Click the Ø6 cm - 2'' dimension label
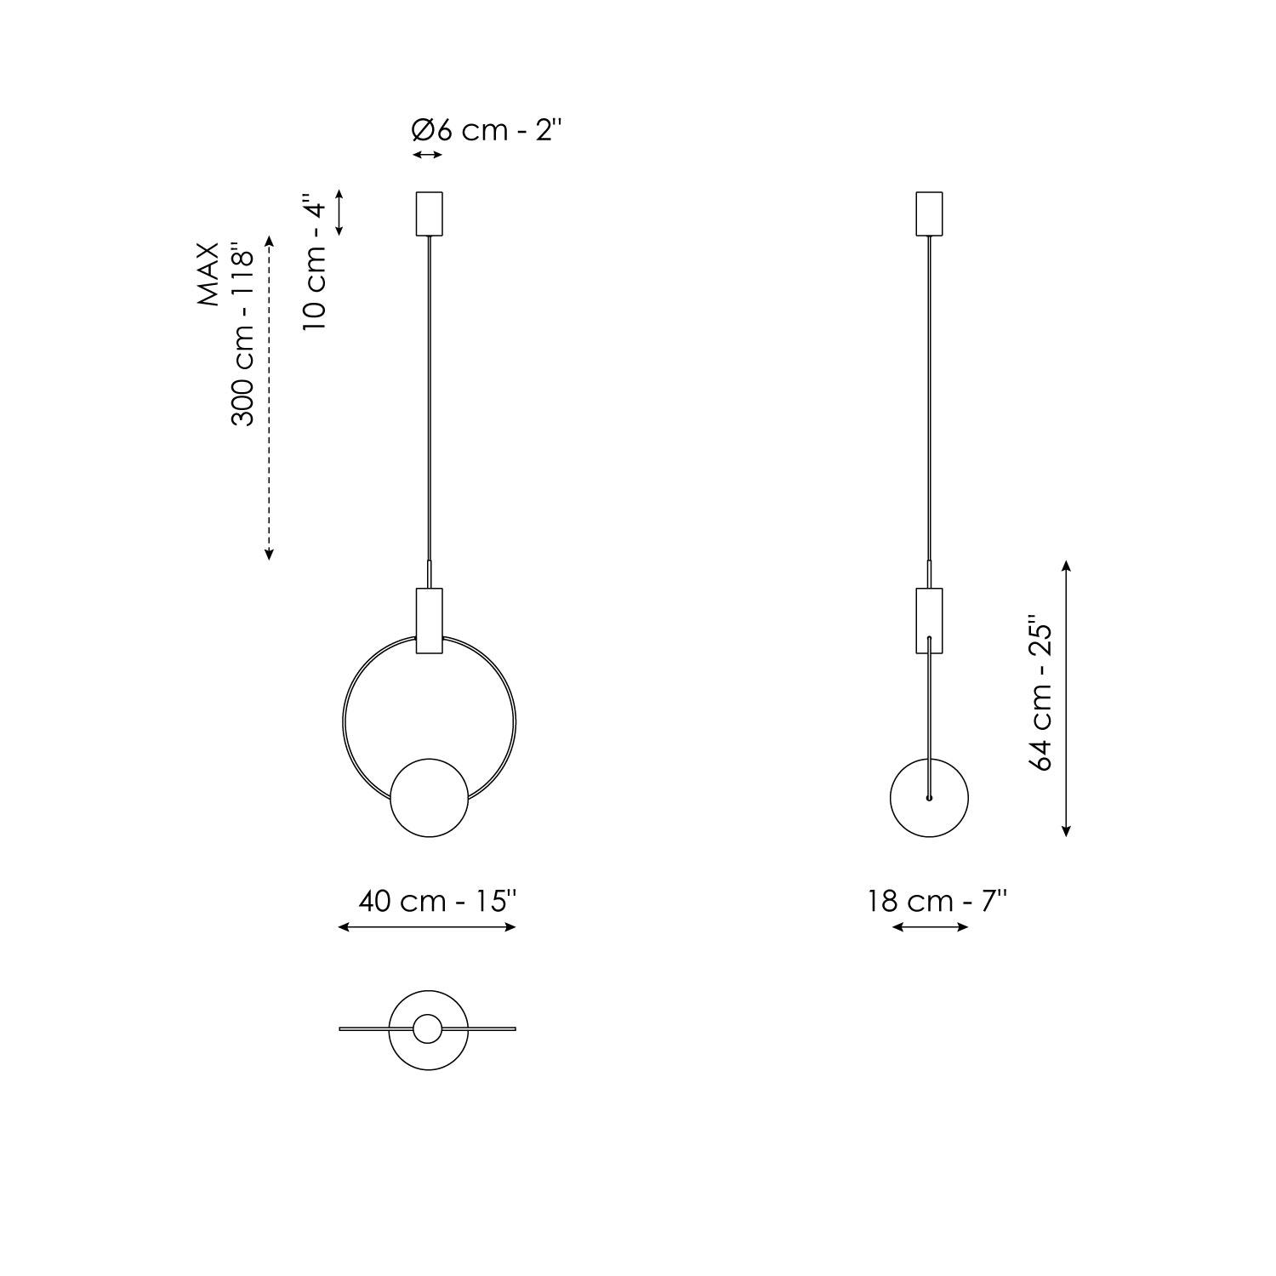(487, 131)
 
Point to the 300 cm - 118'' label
(243, 338)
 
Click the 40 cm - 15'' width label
(437, 901)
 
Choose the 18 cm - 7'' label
(937, 901)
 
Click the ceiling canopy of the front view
(429, 214)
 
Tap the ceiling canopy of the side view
(929, 214)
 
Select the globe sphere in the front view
(429, 799)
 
